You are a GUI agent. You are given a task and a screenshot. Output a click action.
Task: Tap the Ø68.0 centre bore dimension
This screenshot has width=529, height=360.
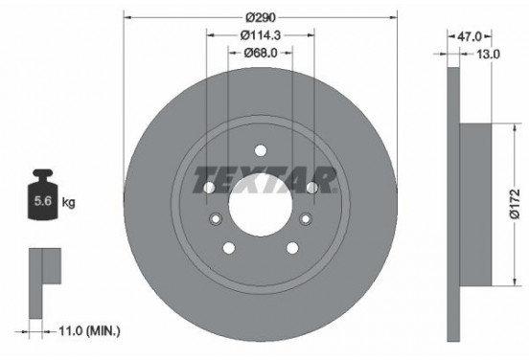coord(262,55)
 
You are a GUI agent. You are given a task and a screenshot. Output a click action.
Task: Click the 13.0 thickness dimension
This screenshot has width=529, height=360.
coord(490,55)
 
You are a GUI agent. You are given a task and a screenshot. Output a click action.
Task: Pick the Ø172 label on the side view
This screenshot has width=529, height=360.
coord(514,204)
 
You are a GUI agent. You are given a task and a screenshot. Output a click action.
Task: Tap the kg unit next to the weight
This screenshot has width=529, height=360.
coord(69,202)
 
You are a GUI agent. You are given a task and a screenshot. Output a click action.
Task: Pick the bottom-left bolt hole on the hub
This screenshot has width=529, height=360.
coord(229,248)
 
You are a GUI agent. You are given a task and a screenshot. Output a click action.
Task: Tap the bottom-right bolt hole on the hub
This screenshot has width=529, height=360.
coord(292,248)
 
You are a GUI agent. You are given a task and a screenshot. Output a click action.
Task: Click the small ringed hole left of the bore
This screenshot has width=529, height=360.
coord(216,220)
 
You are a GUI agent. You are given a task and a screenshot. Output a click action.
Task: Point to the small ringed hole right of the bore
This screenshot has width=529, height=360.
coord(306,220)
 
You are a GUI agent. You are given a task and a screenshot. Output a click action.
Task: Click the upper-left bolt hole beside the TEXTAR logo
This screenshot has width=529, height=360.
coord(209,188)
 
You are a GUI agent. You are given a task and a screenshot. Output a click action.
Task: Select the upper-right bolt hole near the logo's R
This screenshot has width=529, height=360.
coord(312,188)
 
